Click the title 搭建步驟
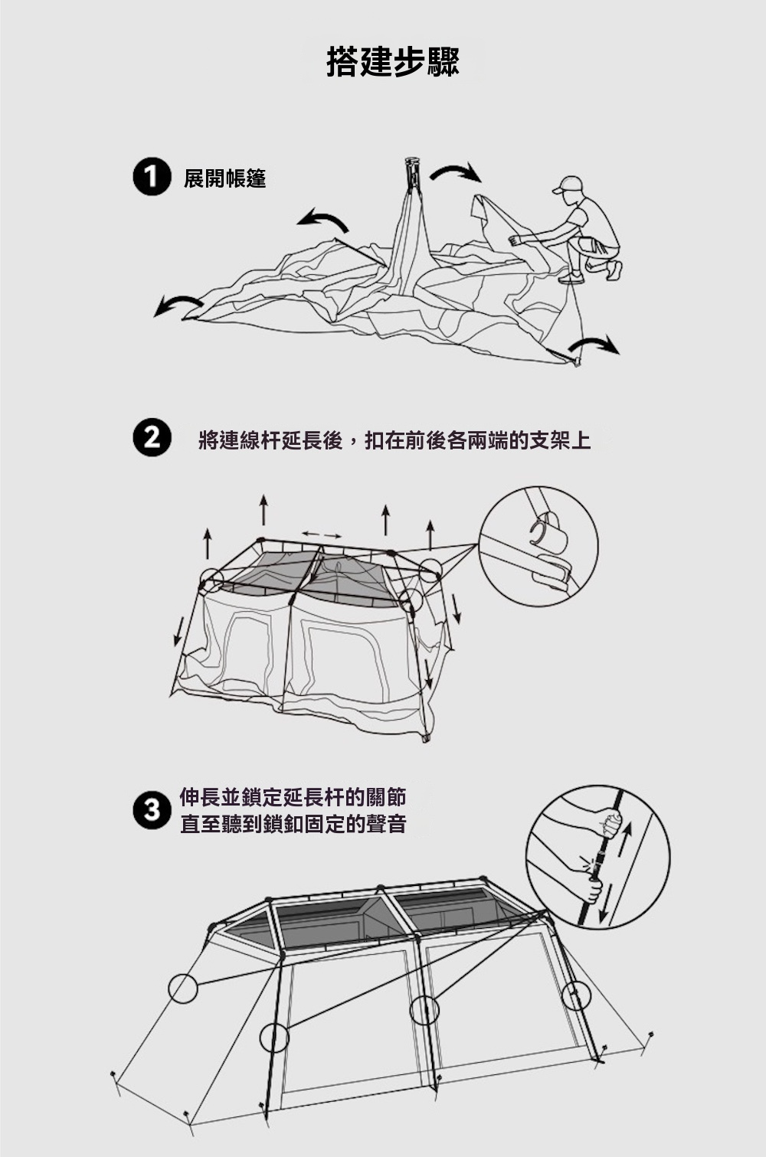(393, 63)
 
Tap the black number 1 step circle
(152, 178)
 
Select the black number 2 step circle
(152, 439)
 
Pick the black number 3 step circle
(152, 810)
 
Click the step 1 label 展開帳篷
(225, 178)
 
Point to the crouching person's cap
(568, 184)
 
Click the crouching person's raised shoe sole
(614, 270)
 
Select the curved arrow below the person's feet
(594, 345)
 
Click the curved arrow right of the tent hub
(456, 172)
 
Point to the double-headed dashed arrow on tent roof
(321, 534)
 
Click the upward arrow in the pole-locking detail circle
(625, 839)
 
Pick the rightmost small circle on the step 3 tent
(576, 995)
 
